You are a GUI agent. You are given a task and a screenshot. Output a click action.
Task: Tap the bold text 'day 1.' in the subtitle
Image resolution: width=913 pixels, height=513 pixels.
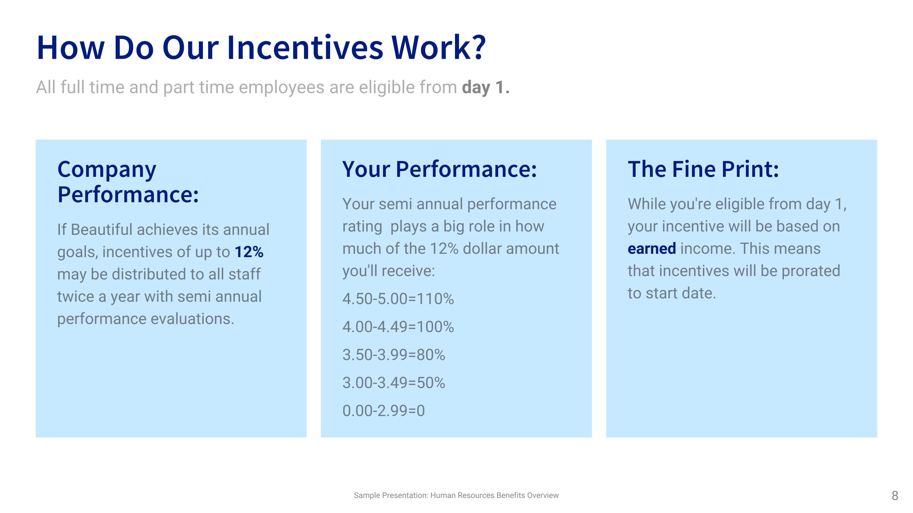click(485, 87)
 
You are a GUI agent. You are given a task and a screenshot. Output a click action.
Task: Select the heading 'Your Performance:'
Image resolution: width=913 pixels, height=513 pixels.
click(440, 169)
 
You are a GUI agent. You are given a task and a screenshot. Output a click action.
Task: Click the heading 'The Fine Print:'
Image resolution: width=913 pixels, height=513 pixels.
click(703, 169)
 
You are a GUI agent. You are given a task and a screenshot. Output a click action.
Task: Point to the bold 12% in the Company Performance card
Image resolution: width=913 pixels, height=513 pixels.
click(249, 252)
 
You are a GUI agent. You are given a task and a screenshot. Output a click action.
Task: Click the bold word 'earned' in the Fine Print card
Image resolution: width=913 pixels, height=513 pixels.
click(652, 249)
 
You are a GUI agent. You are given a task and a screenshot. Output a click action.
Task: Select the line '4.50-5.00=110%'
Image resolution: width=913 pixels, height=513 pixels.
click(398, 299)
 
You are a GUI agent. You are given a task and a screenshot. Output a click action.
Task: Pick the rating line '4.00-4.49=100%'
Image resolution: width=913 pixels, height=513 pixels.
click(398, 327)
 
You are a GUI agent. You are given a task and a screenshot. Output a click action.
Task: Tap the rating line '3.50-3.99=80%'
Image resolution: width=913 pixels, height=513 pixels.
click(394, 355)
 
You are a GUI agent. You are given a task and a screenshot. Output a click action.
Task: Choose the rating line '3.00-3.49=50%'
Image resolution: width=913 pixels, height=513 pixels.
click(394, 383)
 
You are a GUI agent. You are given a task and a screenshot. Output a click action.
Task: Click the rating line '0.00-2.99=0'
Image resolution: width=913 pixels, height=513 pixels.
click(383, 411)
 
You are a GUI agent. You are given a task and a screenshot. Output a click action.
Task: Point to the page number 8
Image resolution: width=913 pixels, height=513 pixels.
click(895, 496)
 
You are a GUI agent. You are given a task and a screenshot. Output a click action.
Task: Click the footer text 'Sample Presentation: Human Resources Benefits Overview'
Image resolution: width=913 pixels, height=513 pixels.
click(456, 495)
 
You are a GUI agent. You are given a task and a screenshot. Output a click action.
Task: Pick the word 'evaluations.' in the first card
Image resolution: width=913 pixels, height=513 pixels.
click(192, 319)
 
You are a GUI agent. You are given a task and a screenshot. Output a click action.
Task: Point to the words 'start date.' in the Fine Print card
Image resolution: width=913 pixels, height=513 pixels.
click(681, 293)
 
